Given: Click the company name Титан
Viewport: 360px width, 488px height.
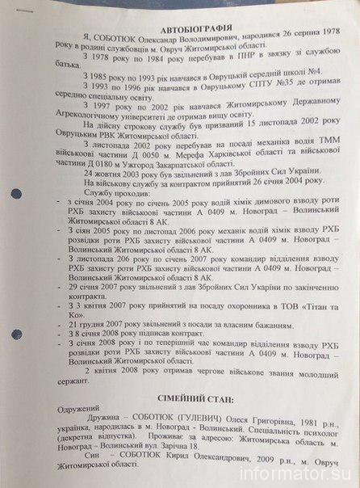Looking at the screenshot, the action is [318, 330].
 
